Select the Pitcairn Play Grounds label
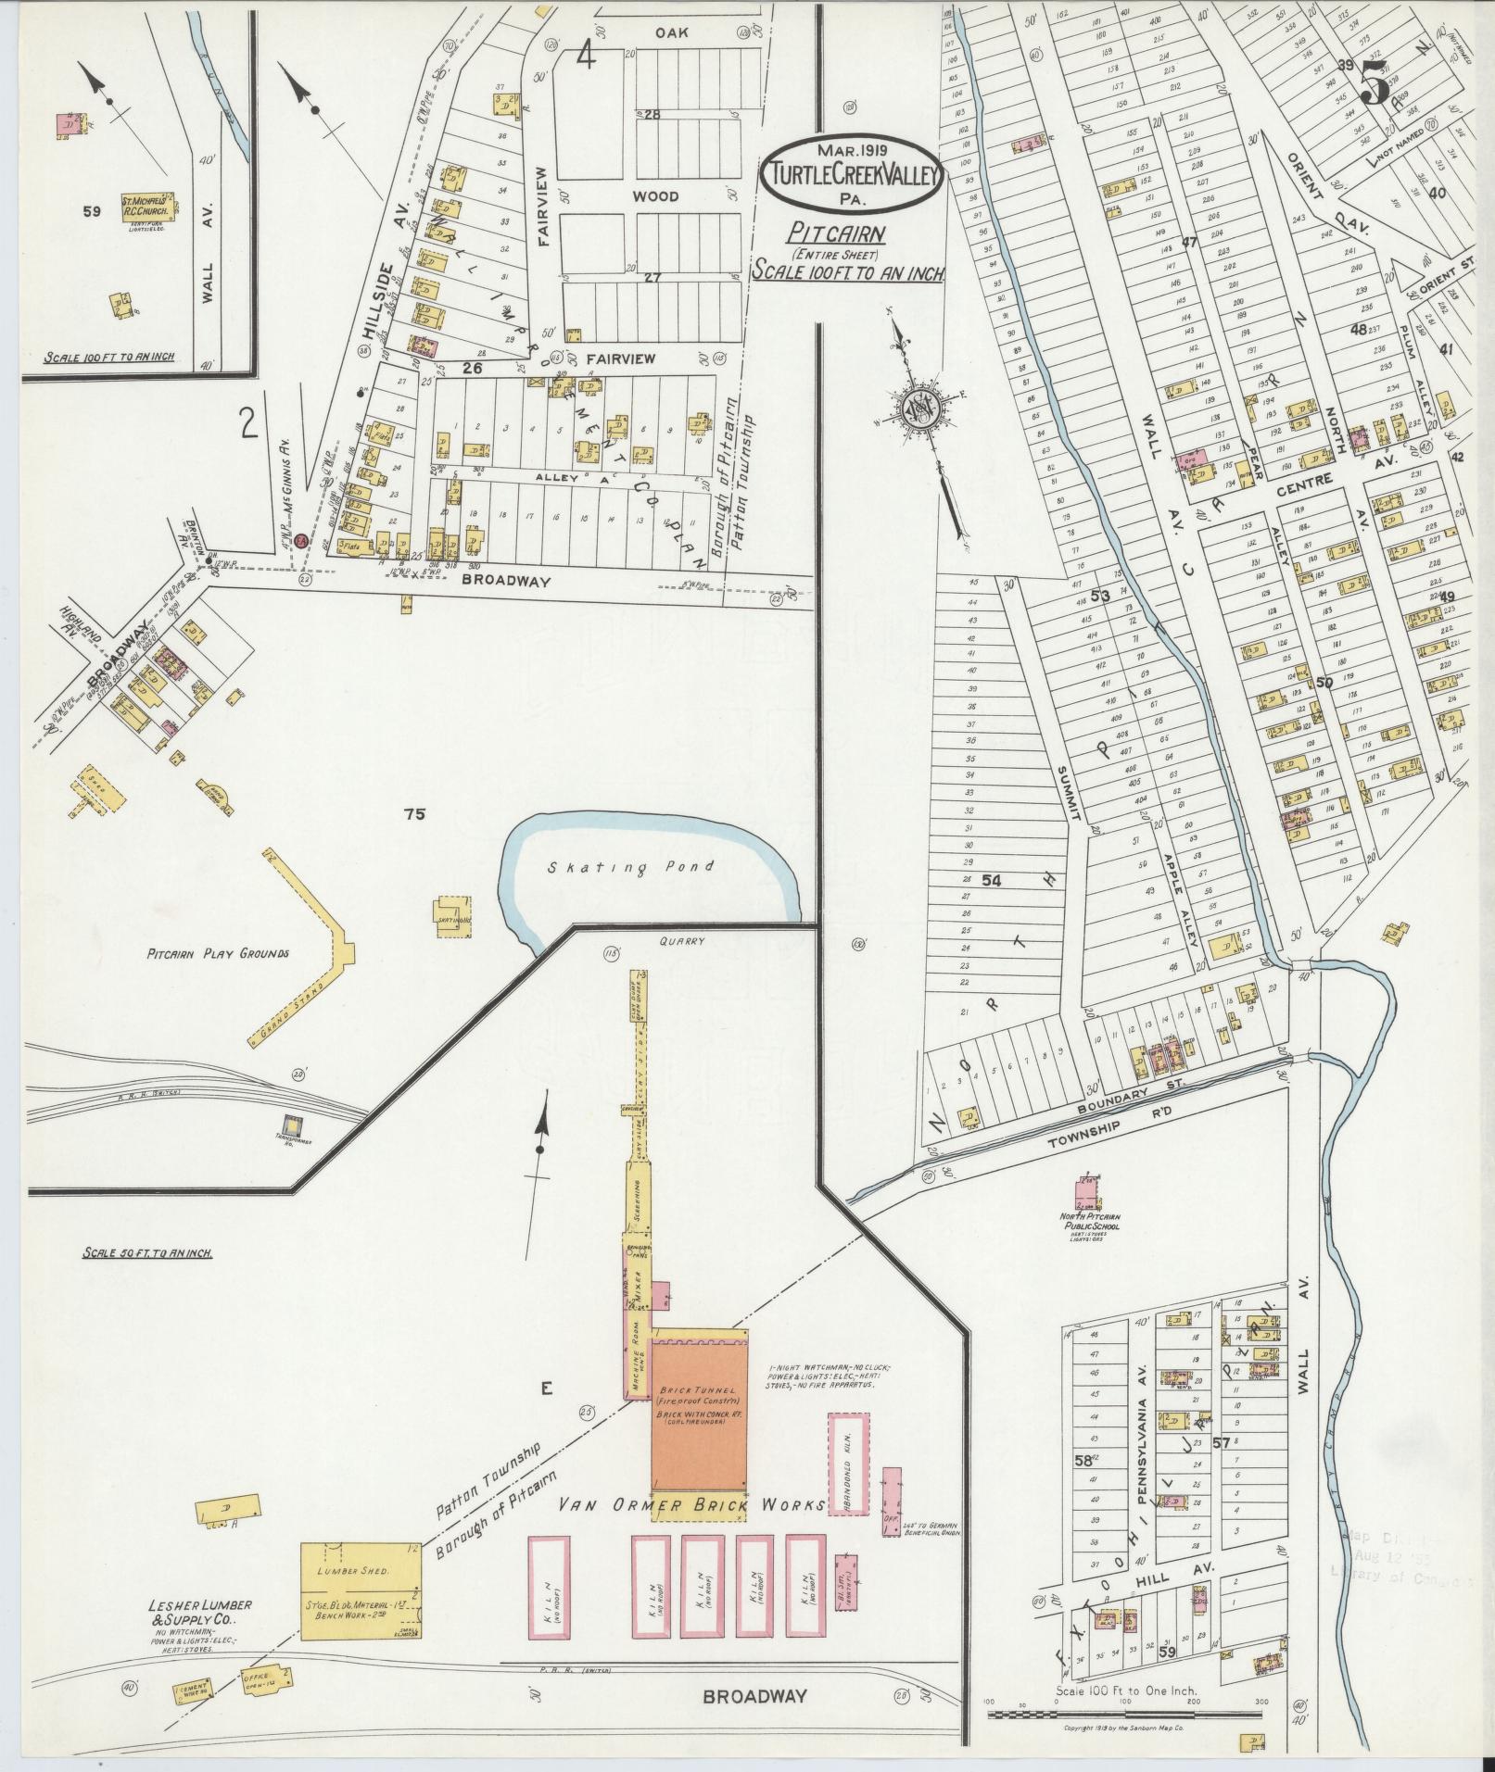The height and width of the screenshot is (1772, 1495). pos(219,952)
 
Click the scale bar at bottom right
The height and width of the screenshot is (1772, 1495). pos(1124,1715)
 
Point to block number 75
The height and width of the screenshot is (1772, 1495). pos(414,814)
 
